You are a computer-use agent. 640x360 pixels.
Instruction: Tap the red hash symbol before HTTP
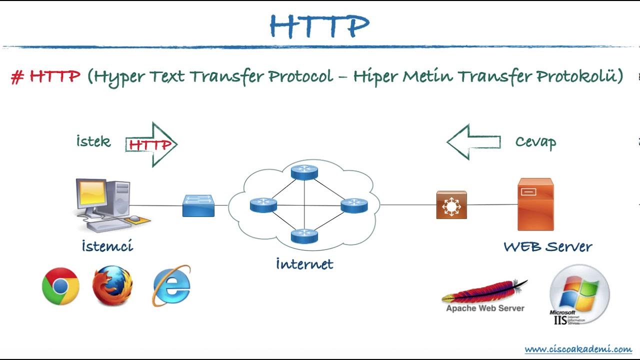tap(17, 77)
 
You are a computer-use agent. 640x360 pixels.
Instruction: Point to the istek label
tap(93, 141)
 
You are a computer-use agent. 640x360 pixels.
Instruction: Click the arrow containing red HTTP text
tap(151, 144)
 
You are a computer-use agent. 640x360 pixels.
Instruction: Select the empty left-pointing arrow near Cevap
tap(473, 142)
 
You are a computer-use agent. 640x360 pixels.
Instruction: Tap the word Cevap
tap(535, 142)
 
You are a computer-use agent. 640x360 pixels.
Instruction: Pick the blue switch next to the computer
tap(198, 205)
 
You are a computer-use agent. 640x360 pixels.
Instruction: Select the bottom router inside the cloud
tap(304, 235)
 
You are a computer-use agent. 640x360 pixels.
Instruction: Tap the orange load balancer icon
tap(451, 205)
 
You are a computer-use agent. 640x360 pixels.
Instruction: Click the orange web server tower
tap(535, 204)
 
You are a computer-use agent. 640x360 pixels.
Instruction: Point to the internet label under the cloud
tap(304, 263)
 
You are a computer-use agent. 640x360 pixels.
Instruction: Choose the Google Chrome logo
tap(60, 286)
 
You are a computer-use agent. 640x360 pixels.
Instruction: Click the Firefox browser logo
tap(112, 286)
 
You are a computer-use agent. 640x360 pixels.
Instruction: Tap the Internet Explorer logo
tap(171, 286)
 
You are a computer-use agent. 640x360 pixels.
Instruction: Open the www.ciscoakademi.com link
tap(578, 349)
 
